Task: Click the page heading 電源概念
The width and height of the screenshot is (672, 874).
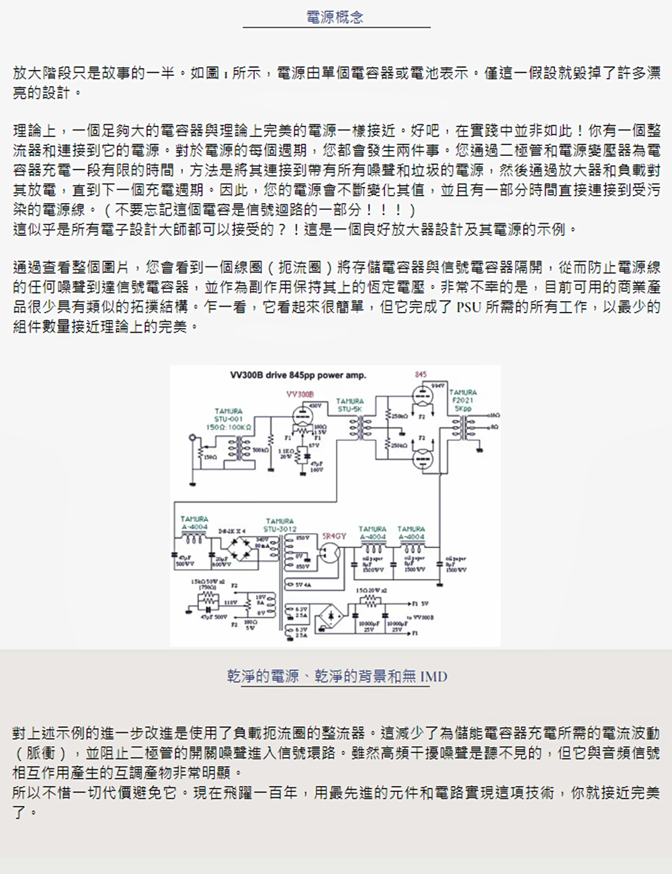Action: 335,17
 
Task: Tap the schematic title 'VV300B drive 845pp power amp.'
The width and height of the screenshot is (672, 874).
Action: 298,375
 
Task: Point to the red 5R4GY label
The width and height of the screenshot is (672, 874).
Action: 334,536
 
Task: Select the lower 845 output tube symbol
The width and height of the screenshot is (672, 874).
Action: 421,460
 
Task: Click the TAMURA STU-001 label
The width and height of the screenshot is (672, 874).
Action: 228,419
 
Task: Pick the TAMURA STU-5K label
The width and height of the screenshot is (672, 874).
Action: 349,405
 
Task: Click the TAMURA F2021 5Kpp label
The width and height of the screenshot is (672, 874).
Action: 463,400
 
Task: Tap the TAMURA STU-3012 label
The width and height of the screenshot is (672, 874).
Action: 280,525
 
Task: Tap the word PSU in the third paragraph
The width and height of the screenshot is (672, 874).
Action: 468,307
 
